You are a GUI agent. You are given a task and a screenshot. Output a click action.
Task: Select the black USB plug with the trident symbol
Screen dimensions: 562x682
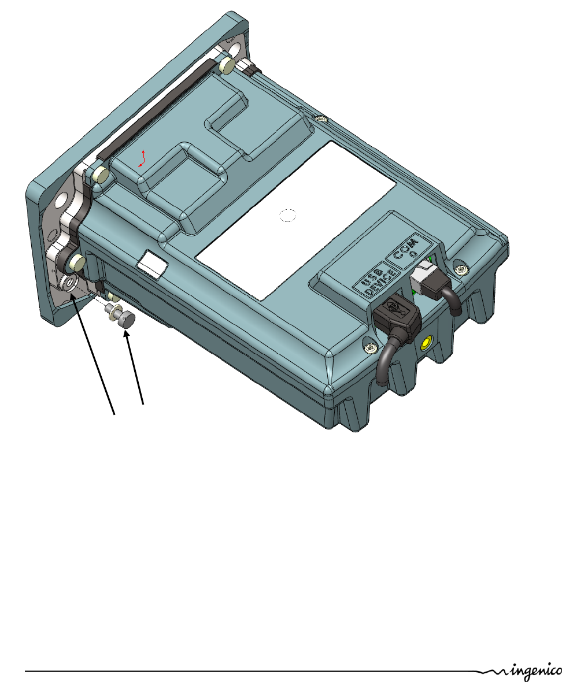(x=396, y=314)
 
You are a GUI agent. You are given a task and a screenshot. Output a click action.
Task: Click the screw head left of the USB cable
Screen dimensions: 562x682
(x=369, y=348)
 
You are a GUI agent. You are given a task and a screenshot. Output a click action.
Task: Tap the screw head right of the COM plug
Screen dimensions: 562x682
(x=461, y=270)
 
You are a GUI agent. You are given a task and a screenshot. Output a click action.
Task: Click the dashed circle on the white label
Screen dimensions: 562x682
(x=287, y=216)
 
